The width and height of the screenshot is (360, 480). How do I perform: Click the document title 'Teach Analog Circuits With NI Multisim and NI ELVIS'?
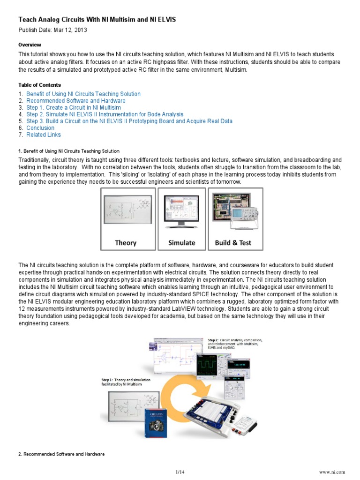tap(97, 19)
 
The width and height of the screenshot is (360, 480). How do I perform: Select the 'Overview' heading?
tap(30, 45)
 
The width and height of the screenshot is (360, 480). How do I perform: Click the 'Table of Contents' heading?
tap(39, 85)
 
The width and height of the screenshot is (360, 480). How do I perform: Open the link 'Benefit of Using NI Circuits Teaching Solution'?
tap(83, 94)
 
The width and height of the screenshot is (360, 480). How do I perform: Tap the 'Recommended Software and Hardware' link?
tap(75, 101)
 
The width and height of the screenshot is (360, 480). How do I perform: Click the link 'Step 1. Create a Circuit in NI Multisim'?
tap(73, 108)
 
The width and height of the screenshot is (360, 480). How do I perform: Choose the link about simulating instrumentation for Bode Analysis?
tap(105, 114)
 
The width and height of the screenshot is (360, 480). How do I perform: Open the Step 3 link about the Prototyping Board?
tap(129, 121)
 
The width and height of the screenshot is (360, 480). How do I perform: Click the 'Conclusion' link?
tap(40, 128)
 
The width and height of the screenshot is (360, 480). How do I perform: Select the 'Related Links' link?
tap(43, 135)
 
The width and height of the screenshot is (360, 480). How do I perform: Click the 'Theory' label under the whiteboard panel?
tap(126, 243)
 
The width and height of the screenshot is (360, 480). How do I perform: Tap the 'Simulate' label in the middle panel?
tap(181, 243)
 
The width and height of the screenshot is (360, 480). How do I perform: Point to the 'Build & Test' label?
tap(233, 243)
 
